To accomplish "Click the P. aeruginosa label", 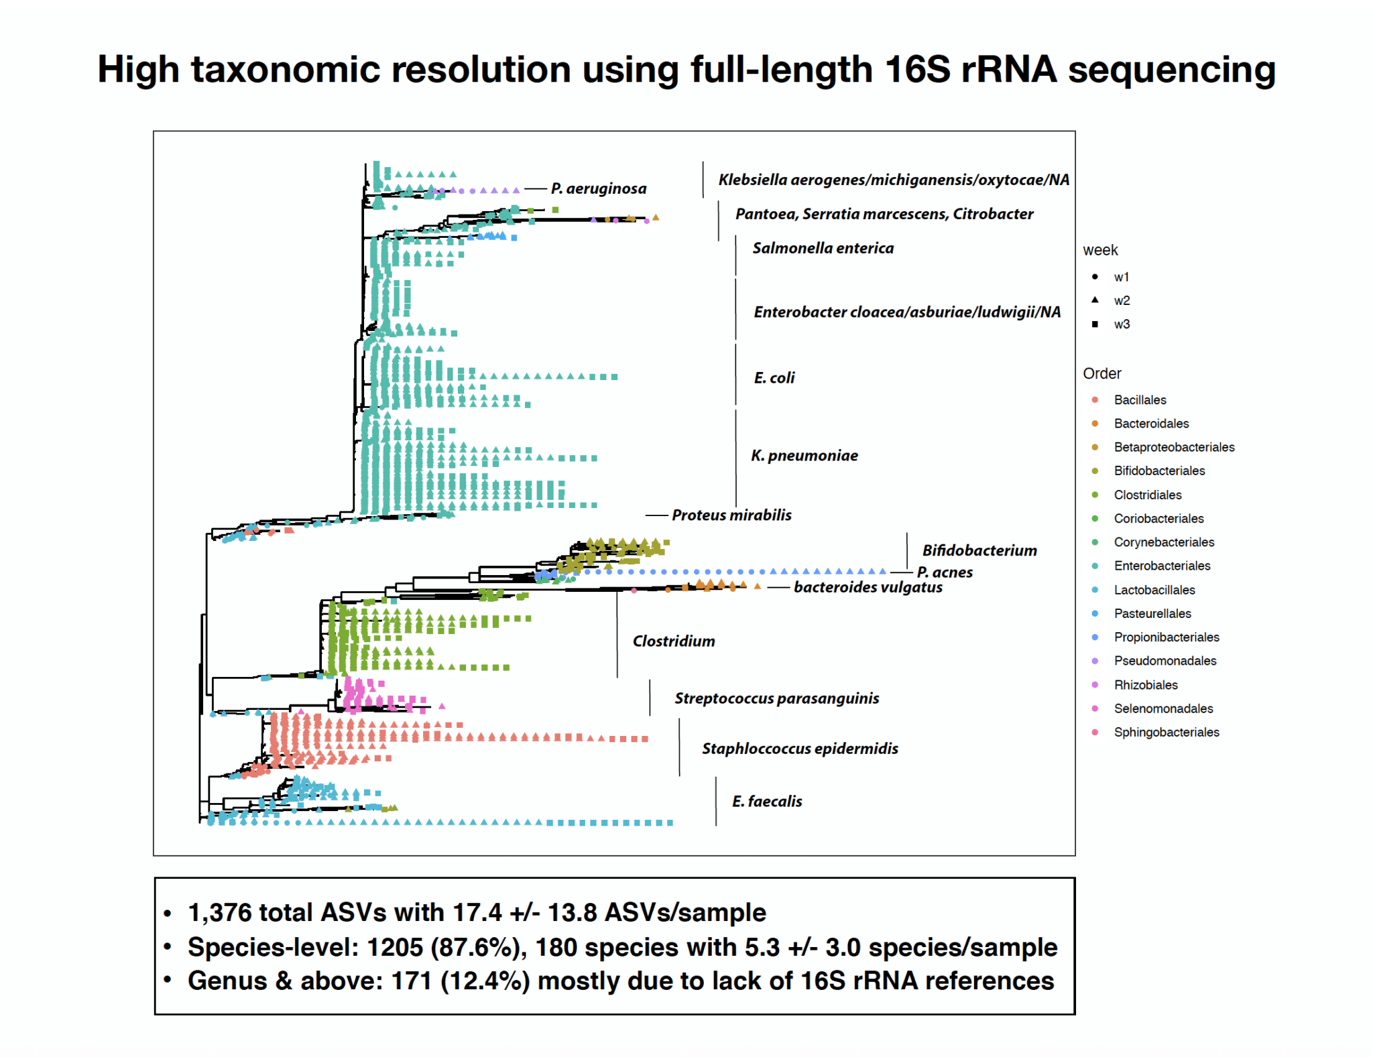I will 598,188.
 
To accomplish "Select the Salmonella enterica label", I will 823,248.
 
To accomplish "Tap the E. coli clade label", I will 774,377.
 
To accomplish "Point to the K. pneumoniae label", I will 804,455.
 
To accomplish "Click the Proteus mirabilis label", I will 731,515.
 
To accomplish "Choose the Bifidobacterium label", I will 979,550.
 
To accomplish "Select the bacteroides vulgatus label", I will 868,587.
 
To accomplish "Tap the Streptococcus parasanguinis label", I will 776,698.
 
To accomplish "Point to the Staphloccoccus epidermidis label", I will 799,748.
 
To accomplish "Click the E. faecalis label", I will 766,801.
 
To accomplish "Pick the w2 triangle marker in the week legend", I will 1095,300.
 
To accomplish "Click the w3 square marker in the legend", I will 1095,324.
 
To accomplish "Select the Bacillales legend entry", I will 1140,399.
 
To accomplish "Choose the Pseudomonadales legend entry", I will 1165,660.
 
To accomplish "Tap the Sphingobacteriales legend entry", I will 1166,732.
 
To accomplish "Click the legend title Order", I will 1101,373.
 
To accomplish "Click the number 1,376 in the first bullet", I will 219,912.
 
